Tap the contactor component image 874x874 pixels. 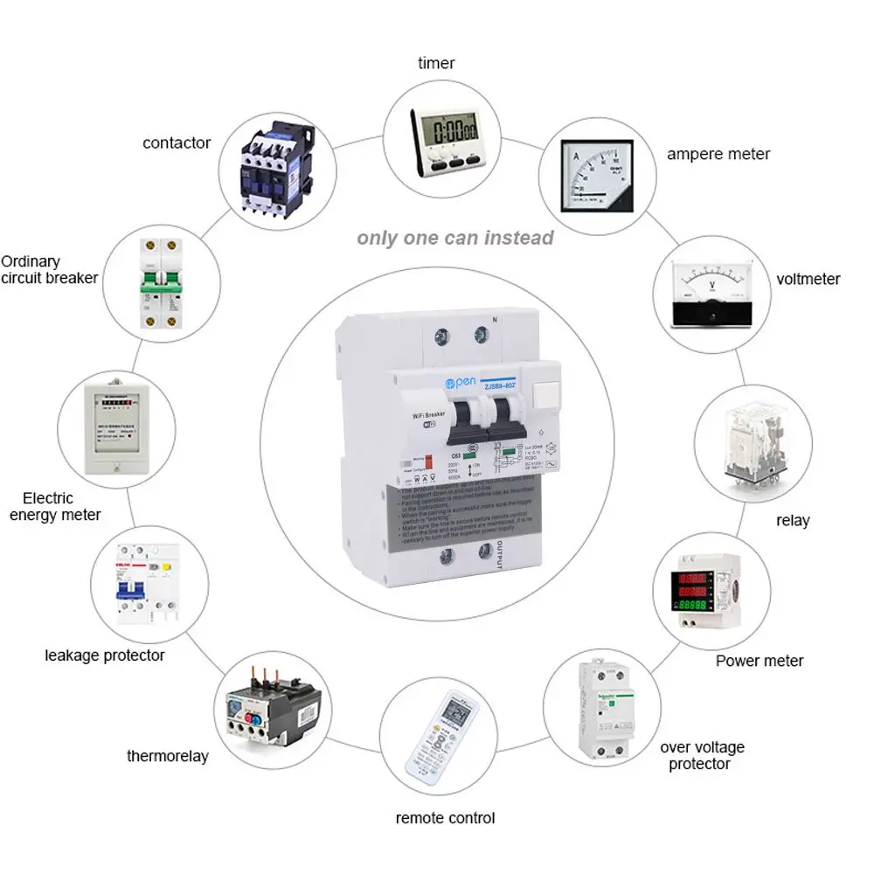(277, 166)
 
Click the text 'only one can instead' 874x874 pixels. (454, 238)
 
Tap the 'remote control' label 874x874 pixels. (445, 818)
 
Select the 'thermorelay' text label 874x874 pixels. (168, 756)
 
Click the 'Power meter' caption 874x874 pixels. (759, 661)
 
